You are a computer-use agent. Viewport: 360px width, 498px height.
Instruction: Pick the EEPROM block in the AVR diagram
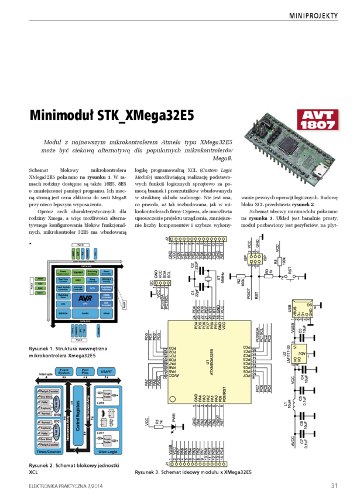(x=63, y=314)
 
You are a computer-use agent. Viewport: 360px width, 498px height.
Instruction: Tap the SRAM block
(x=106, y=314)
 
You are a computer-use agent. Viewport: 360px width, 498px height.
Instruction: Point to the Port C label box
(x=81, y=340)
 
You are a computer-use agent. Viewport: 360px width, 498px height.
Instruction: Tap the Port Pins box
(x=86, y=371)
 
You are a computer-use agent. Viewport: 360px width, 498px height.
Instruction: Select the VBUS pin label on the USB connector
(x=294, y=309)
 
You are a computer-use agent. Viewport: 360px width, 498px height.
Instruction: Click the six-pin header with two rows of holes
(x=254, y=259)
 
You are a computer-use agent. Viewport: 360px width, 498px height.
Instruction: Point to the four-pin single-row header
(x=162, y=283)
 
